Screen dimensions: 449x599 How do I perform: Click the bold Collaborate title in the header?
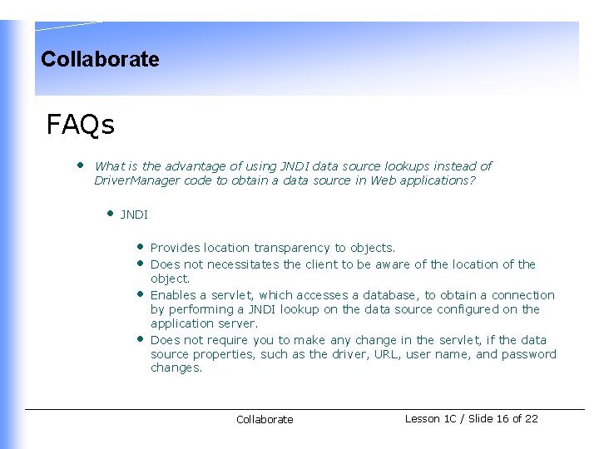point(100,59)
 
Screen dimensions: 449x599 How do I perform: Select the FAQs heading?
point(81,125)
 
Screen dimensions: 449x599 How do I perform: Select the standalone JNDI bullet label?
point(134,215)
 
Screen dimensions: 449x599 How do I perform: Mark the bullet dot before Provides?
point(141,246)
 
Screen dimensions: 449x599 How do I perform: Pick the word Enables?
point(173,295)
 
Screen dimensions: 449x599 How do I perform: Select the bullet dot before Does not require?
point(141,338)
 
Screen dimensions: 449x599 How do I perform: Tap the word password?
point(529,354)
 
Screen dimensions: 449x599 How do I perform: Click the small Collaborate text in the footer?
point(265,420)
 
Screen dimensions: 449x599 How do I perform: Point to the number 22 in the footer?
point(531,419)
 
